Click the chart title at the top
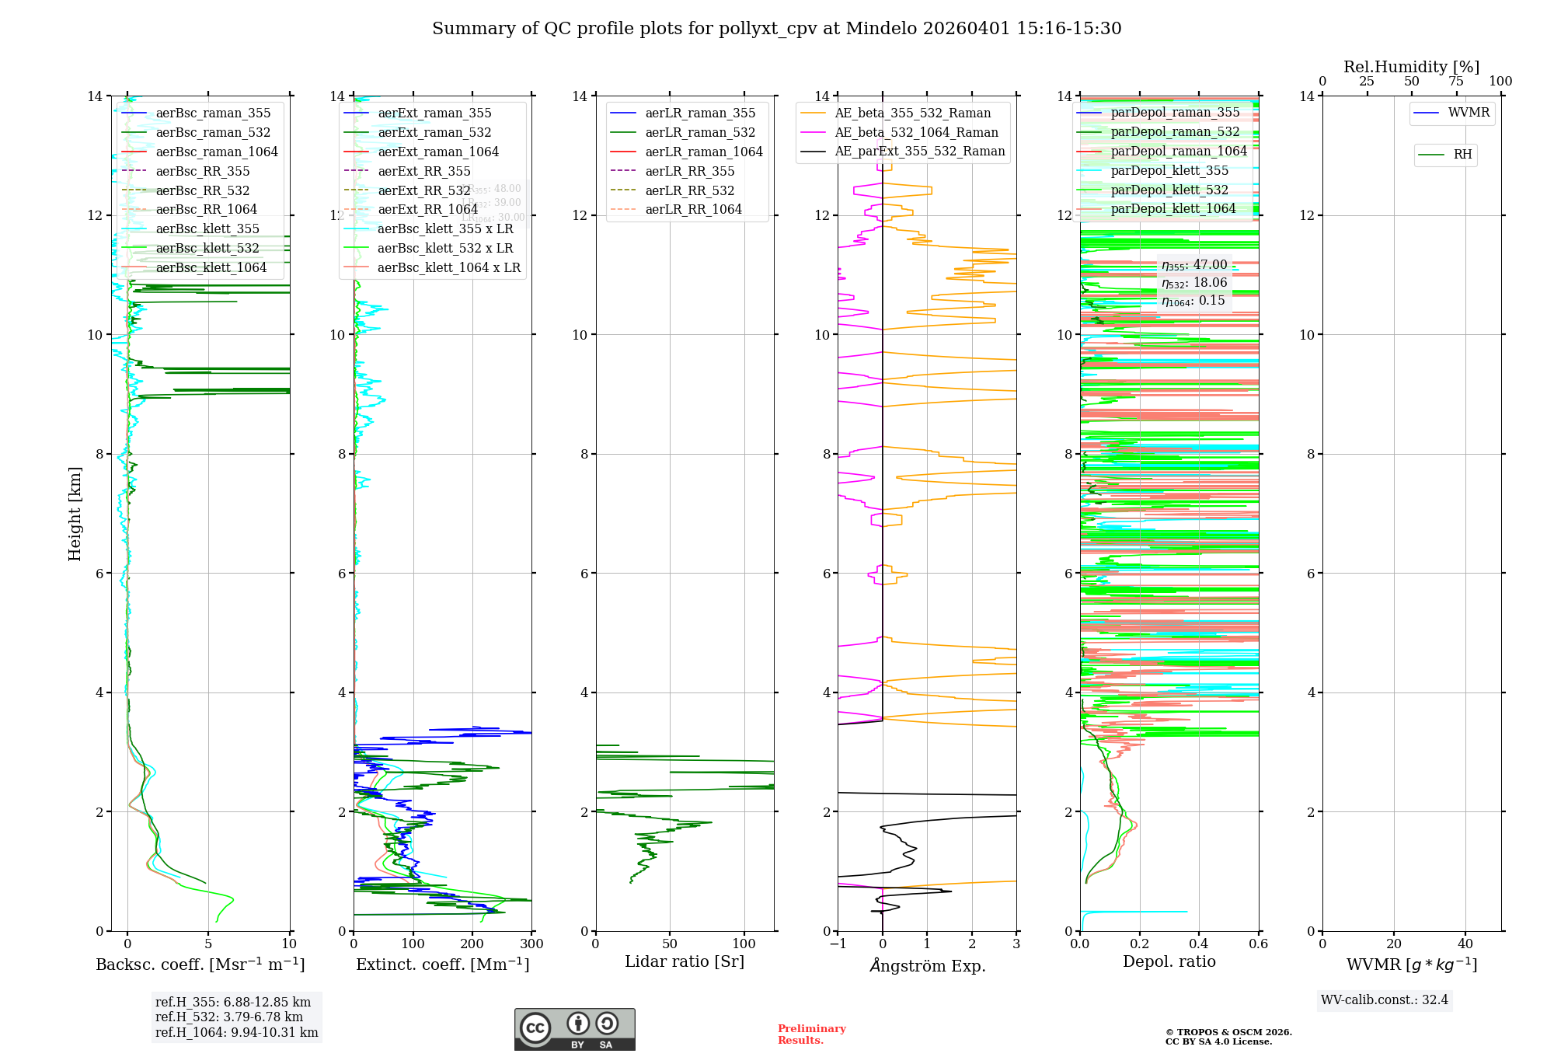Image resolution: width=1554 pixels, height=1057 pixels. [776, 29]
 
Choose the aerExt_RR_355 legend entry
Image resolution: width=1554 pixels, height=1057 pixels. [423, 172]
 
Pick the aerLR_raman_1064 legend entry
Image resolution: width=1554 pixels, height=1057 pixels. [703, 152]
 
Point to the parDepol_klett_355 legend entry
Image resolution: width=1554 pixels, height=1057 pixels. [1169, 171]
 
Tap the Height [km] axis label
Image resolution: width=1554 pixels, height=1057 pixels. [75, 513]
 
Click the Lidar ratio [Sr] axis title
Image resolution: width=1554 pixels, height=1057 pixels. [684, 962]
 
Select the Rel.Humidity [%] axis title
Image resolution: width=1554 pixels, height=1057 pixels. [1411, 67]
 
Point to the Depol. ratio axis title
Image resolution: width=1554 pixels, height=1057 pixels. [1169, 962]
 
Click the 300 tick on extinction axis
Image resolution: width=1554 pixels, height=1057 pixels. [531, 944]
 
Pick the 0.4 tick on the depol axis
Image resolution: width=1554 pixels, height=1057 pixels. [1199, 944]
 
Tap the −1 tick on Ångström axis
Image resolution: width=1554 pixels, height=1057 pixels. [838, 944]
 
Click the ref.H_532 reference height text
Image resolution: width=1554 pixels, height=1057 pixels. [228, 1017]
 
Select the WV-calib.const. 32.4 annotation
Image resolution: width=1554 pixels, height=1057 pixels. [1384, 1000]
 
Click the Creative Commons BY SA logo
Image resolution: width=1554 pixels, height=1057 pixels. [574, 1030]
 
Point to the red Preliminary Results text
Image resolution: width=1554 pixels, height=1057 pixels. [811, 1034]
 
